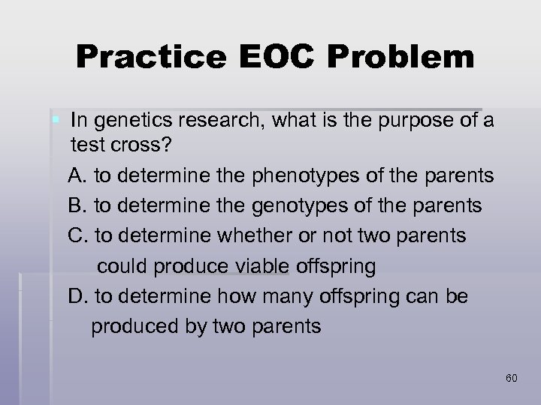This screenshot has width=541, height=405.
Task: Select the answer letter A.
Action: coord(76,176)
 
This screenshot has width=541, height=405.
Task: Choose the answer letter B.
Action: coord(76,205)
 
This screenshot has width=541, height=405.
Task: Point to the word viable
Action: coord(259,266)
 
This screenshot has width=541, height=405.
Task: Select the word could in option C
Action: coord(122,266)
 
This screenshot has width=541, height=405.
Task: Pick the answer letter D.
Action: coord(77,296)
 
